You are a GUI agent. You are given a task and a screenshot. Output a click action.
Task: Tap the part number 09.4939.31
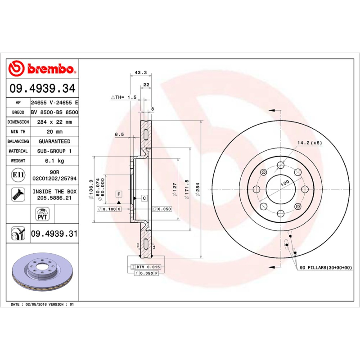54,234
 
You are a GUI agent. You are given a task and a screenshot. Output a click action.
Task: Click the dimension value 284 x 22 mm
54,122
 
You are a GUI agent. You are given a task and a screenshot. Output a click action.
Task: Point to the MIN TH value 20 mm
54,132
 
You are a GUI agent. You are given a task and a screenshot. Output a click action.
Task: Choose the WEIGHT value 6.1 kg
54,161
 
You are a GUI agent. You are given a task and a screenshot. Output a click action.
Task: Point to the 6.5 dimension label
119,134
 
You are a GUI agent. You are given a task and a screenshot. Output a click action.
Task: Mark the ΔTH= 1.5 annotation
123,97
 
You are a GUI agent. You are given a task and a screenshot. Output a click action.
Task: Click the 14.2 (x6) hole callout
309,143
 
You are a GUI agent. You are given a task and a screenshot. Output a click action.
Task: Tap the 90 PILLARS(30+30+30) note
326,268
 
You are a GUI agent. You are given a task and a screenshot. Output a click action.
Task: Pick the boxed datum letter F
119,194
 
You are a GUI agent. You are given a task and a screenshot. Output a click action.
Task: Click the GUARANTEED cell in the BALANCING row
54,141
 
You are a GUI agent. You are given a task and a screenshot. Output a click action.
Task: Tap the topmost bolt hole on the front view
281,165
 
